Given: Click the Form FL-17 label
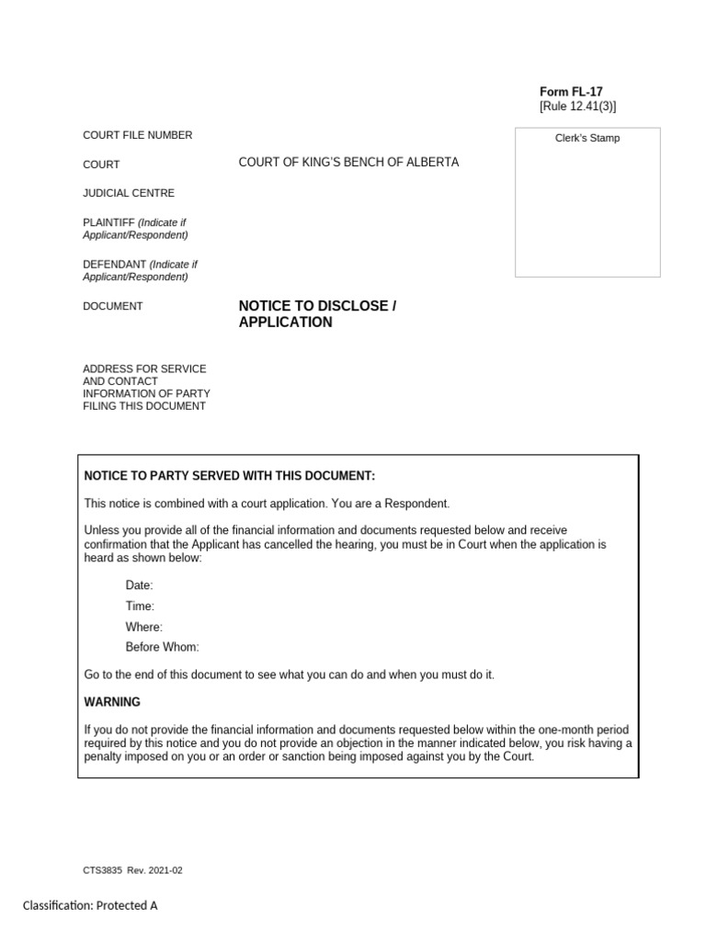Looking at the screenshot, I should coord(571,92).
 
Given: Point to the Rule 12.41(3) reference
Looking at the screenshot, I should coord(577,108).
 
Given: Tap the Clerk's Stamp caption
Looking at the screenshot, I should coord(586,139).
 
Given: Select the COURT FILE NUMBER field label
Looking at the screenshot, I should coord(138,135).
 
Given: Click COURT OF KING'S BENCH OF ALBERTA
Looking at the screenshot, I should coord(348,163).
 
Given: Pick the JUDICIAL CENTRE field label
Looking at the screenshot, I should coord(129,193).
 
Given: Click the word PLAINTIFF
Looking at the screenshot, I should coord(109,222).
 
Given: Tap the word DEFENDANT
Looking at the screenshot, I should coord(115,265).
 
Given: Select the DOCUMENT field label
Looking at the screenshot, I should coord(113,306).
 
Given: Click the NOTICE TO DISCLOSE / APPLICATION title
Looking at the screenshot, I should coord(317,313).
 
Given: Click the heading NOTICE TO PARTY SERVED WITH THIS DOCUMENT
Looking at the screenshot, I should coord(230,475).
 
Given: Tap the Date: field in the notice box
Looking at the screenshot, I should coord(140,585).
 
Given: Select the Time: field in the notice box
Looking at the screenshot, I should coord(140,607).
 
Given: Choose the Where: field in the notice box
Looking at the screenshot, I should coord(144,627).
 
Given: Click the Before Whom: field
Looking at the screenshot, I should coord(162,647).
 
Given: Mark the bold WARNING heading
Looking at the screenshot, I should coord(112,702).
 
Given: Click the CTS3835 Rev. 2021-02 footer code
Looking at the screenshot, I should coord(133,870).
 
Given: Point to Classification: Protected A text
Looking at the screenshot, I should coord(91,905).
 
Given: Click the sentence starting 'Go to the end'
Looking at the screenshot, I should coord(290,675).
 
